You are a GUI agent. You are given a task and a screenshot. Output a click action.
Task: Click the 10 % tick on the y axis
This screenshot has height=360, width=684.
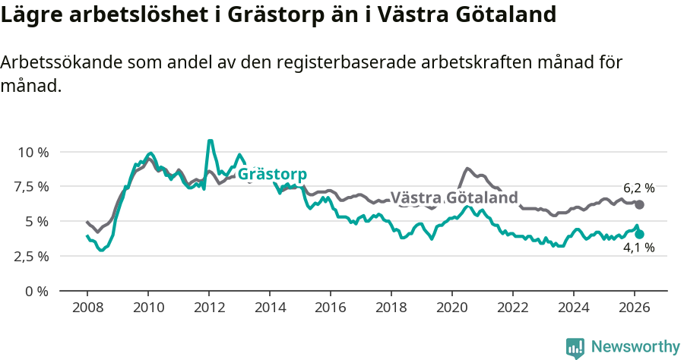33,152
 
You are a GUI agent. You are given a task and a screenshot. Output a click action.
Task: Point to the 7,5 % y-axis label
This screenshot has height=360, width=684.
33,187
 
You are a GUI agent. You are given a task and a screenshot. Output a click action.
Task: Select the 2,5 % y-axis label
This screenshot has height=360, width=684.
33,256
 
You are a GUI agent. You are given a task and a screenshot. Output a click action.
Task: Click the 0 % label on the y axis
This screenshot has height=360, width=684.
36,291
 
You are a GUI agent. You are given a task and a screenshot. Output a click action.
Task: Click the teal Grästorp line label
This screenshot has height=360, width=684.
272,174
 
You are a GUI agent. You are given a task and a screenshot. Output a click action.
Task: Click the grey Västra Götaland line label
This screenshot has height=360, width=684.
454,197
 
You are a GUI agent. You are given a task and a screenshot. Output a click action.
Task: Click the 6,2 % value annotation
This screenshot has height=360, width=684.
638,188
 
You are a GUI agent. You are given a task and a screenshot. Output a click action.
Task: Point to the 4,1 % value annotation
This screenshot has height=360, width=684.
638,248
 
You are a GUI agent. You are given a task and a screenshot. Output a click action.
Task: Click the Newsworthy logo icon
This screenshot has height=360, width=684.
575,347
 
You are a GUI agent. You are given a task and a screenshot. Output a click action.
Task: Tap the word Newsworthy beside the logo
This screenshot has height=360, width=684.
635,347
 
